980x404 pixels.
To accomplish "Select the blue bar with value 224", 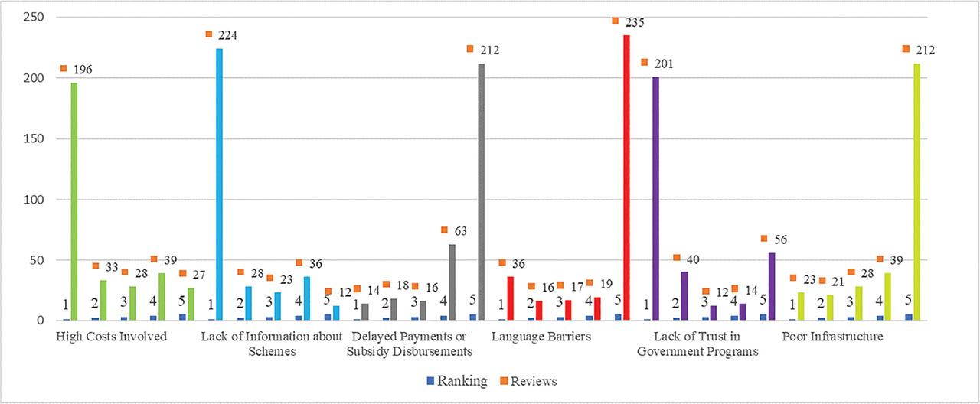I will click(219, 184).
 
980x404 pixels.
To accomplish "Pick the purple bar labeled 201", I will click(655, 198).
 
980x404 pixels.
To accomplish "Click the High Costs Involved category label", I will click(112, 336).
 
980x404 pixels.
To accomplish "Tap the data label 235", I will click(634, 23).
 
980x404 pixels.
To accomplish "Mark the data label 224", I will click(226, 35).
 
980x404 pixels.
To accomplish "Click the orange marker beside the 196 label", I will click(64, 68).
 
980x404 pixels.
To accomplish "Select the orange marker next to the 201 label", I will click(645, 62).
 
